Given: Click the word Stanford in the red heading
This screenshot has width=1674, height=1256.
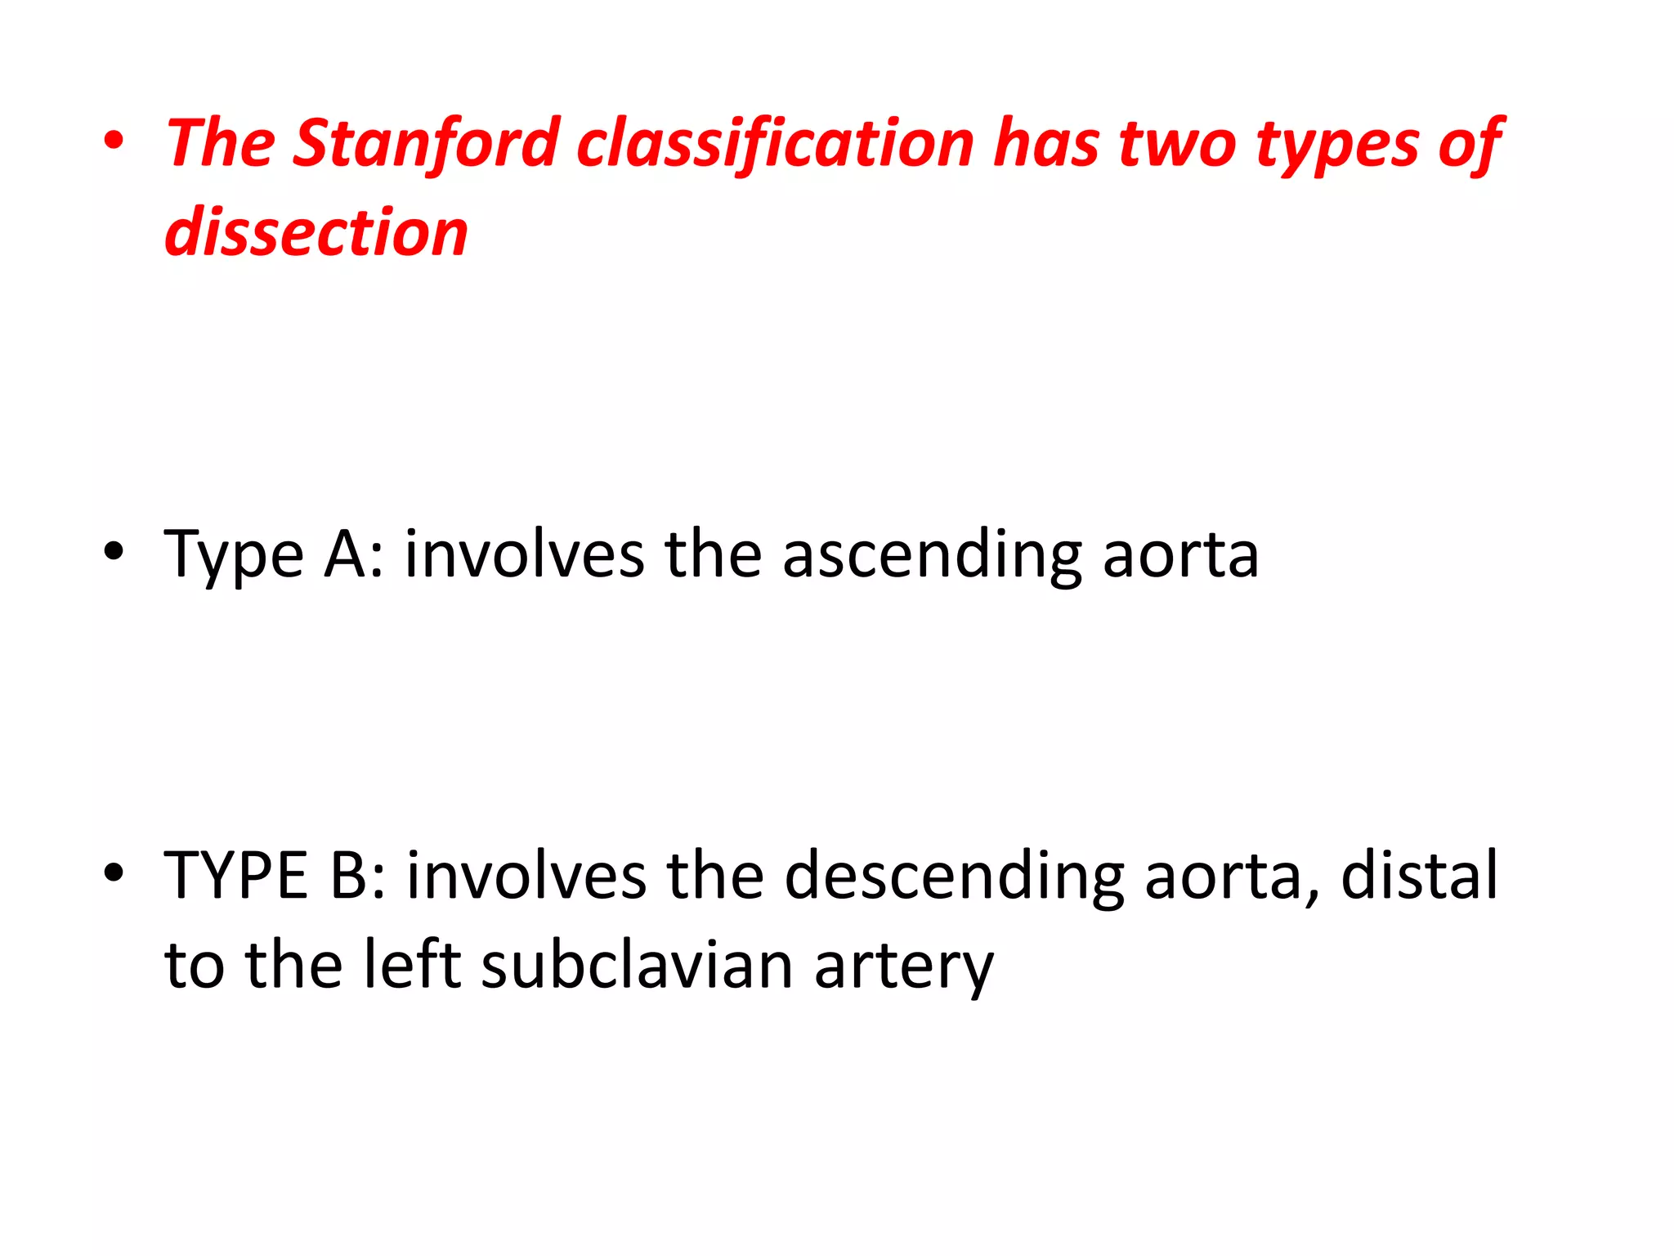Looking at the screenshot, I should (x=425, y=144).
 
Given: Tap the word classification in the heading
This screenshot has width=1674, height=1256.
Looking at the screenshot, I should (x=776, y=144).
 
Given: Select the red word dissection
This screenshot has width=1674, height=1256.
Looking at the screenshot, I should (x=316, y=233).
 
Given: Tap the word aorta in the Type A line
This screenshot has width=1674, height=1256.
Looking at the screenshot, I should (x=1180, y=556).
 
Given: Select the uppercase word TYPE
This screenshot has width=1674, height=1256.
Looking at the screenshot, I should (x=236, y=876).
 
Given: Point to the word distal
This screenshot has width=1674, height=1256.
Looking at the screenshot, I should (x=1420, y=876).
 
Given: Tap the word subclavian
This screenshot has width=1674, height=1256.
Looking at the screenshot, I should (x=637, y=965).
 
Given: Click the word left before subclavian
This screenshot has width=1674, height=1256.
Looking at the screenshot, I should (x=412, y=965).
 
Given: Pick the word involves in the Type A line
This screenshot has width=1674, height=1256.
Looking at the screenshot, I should (x=524, y=554).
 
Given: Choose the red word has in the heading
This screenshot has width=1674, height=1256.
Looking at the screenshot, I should (x=1045, y=144).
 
